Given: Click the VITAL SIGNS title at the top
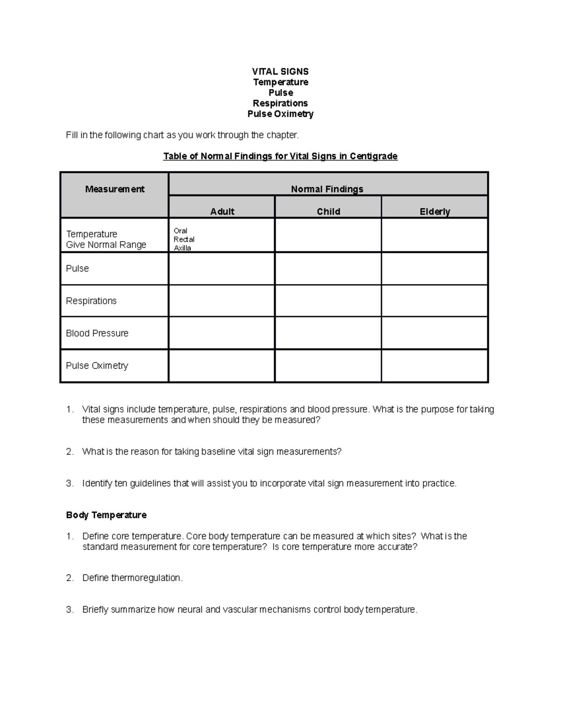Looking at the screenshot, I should point(280,72).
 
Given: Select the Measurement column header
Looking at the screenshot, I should point(115,189).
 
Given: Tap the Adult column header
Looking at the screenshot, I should point(222,212).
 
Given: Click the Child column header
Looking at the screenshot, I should point(328,212).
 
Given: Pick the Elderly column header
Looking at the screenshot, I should point(434,212).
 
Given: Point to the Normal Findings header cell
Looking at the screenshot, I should point(327,189).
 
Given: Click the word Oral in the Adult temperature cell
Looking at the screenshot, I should point(180,231).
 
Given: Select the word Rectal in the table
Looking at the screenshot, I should point(184,239).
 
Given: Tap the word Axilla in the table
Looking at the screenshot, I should point(182,248).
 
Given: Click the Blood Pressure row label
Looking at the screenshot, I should point(97,333).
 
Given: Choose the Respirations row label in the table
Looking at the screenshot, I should point(91,301).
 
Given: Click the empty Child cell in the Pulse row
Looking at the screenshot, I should point(328,269).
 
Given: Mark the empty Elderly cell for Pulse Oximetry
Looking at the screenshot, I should point(434,366).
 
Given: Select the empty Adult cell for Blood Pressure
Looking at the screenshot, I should point(222,333).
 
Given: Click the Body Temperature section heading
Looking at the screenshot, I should point(106,515).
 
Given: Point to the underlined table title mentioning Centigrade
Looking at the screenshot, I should point(280,156).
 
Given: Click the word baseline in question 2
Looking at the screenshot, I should point(218,452).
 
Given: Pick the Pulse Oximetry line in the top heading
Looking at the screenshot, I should point(280,114).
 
